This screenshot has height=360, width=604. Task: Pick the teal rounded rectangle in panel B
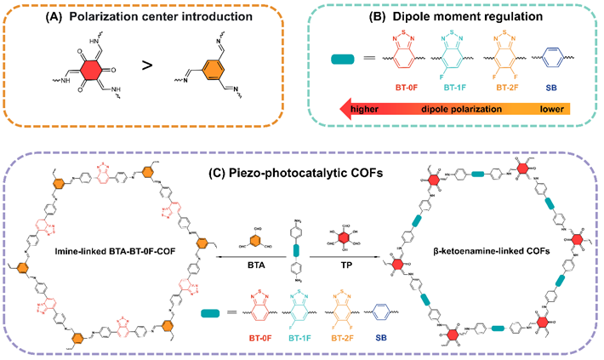[x=345, y=60]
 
